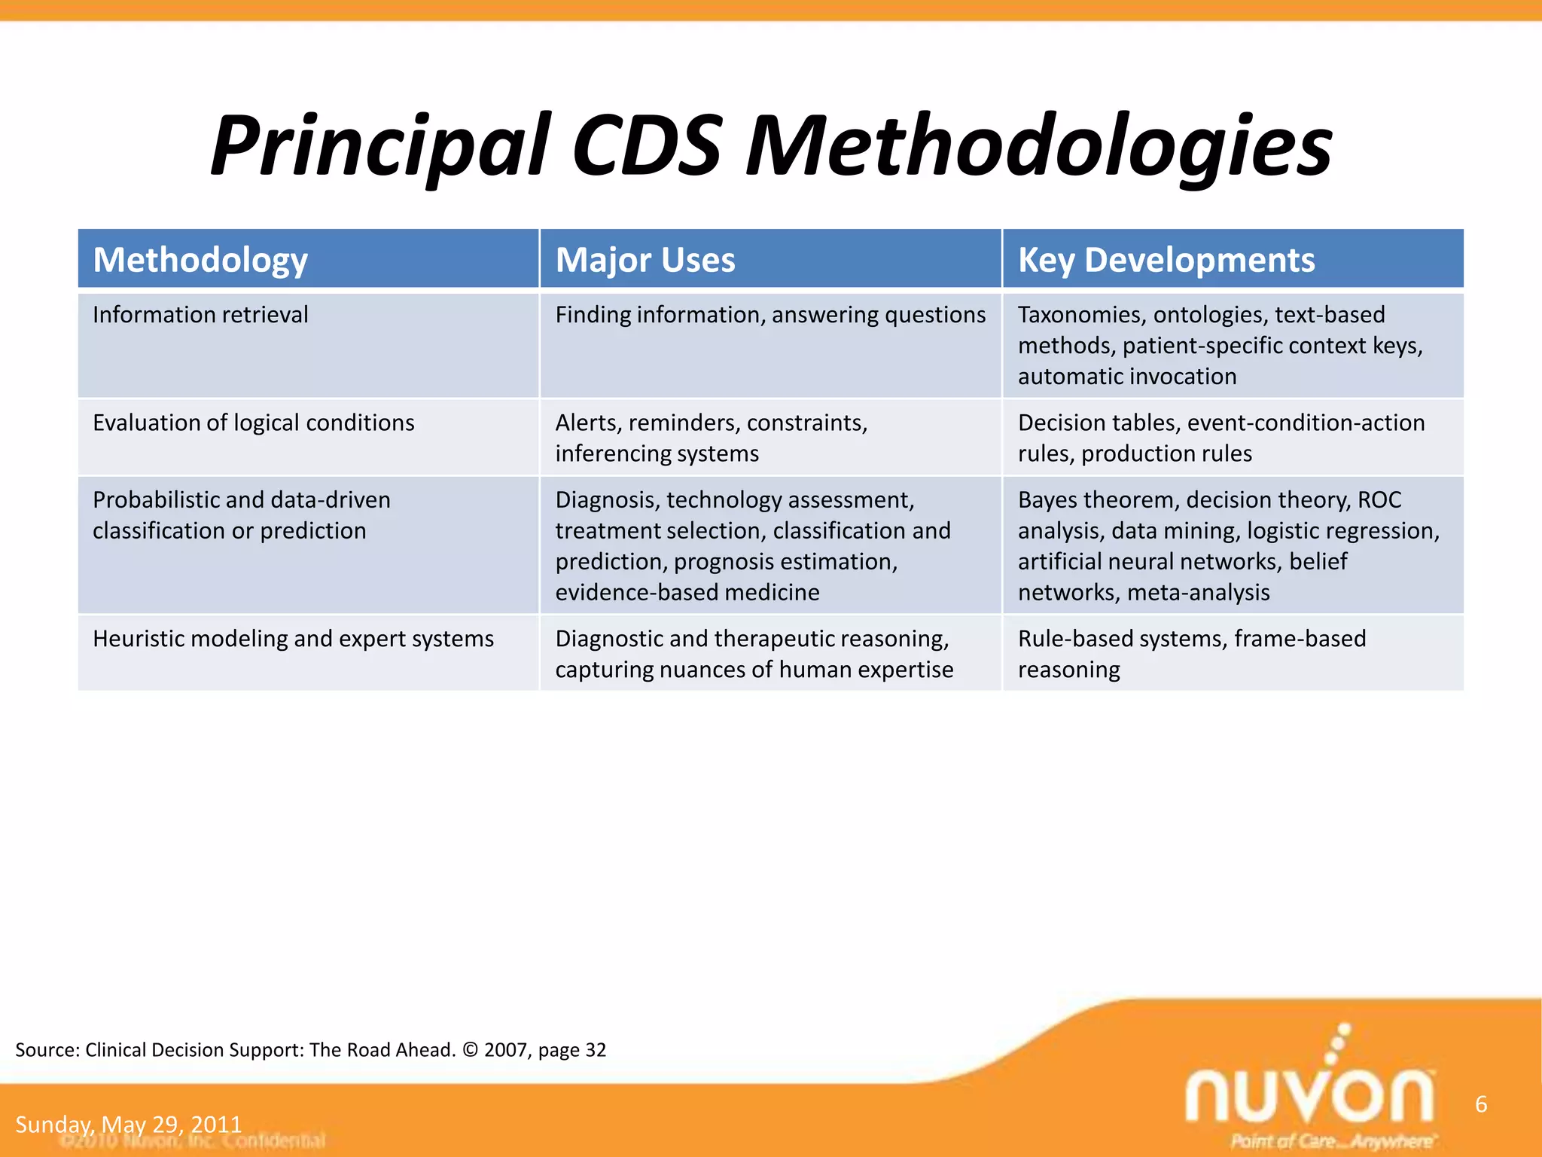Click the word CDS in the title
[646, 147]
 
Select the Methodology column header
[200, 260]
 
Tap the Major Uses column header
[645, 260]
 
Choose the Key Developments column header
[1166, 260]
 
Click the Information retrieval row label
[200, 315]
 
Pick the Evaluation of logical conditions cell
[253, 423]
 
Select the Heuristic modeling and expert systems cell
[293, 639]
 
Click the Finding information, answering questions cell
[769, 315]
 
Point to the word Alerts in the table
[587, 423]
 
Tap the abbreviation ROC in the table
[1379, 500]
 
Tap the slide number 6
[1480, 1104]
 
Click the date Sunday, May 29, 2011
[128, 1125]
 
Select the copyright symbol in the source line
[471, 1050]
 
